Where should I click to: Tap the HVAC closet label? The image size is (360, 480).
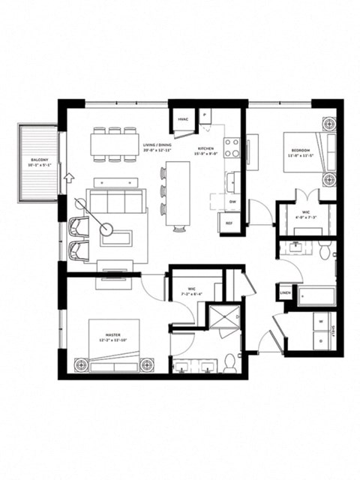click(182, 119)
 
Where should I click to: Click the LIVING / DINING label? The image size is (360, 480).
click(157, 148)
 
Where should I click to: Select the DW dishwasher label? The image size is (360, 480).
click(232, 202)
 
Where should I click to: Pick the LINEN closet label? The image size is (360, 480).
click(286, 292)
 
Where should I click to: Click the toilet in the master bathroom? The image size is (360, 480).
click(231, 364)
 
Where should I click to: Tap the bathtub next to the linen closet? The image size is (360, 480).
click(316, 295)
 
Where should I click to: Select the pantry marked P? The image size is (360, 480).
click(205, 115)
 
